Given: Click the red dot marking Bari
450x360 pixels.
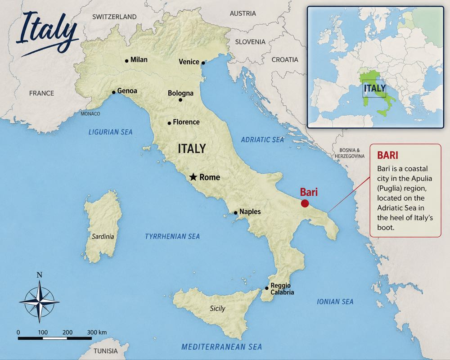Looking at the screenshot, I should point(305,203).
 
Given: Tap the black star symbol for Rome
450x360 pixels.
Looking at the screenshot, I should point(193,177).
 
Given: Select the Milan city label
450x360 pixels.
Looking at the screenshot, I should point(139,59).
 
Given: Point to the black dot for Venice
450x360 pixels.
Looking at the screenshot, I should point(203,63).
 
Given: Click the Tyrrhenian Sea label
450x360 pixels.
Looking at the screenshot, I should point(172,236).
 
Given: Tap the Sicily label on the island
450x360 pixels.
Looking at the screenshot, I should point(217,309).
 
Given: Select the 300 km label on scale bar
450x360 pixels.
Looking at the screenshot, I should point(96,332).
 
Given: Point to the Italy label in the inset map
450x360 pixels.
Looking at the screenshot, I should point(374,88).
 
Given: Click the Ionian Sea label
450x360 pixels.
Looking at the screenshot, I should point(335,301).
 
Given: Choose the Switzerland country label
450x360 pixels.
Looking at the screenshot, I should point(114,17).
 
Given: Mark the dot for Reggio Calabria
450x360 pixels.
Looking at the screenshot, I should point(267,288).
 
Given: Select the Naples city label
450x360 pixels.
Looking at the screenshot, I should point(250,211).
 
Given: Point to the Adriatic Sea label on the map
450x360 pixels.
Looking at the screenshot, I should point(262,140).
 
